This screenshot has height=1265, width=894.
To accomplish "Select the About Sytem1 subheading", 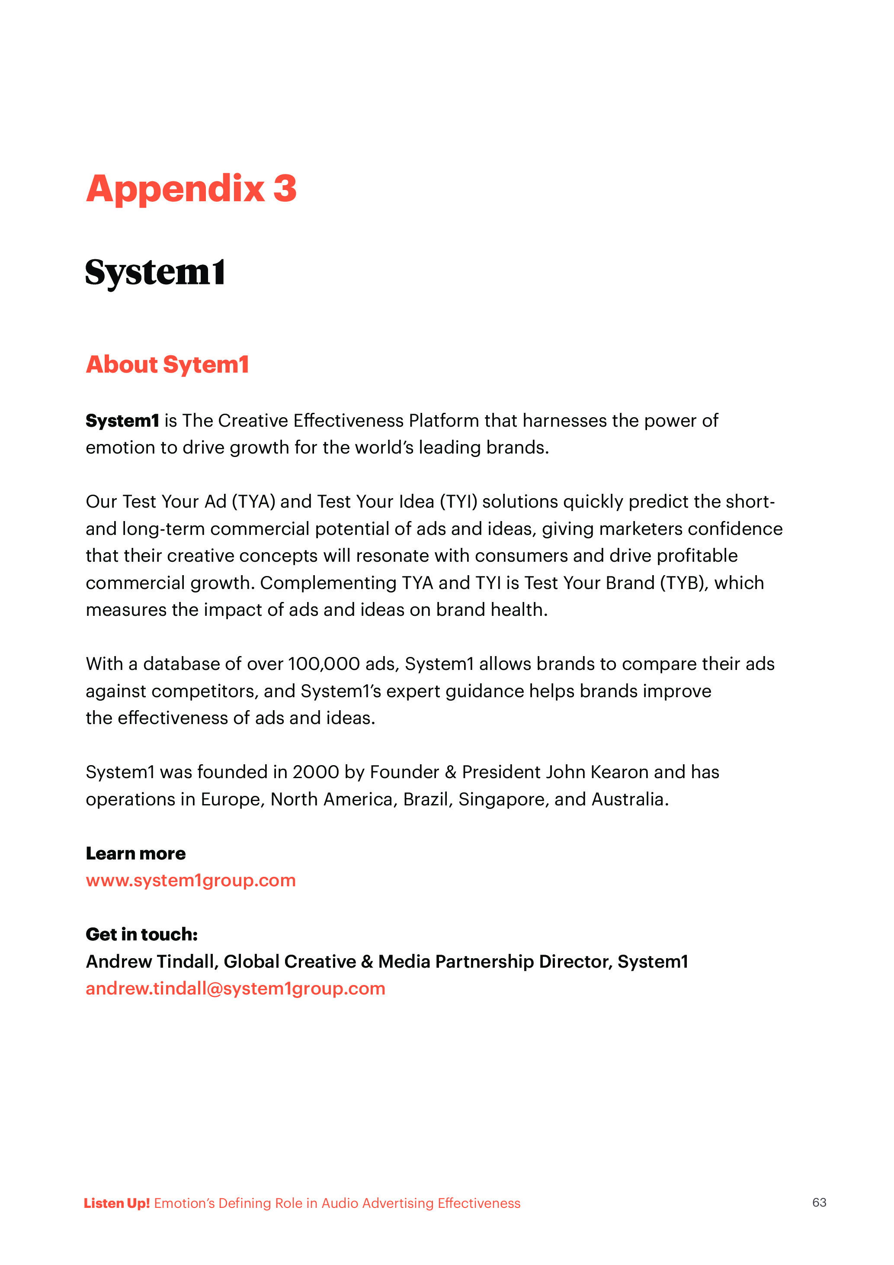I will click(x=167, y=365).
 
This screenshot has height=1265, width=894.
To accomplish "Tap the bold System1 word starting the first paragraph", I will click(x=122, y=421).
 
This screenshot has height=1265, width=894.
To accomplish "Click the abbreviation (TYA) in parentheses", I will click(x=254, y=502).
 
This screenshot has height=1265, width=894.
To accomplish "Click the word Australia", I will click(x=630, y=799).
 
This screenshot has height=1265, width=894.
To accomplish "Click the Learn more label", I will click(x=135, y=853).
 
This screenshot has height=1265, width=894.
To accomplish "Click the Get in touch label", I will click(x=141, y=934).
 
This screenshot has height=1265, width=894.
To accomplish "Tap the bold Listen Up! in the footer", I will click(x=117, y=1203).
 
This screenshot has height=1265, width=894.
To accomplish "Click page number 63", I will click(x=819, y=1203).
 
